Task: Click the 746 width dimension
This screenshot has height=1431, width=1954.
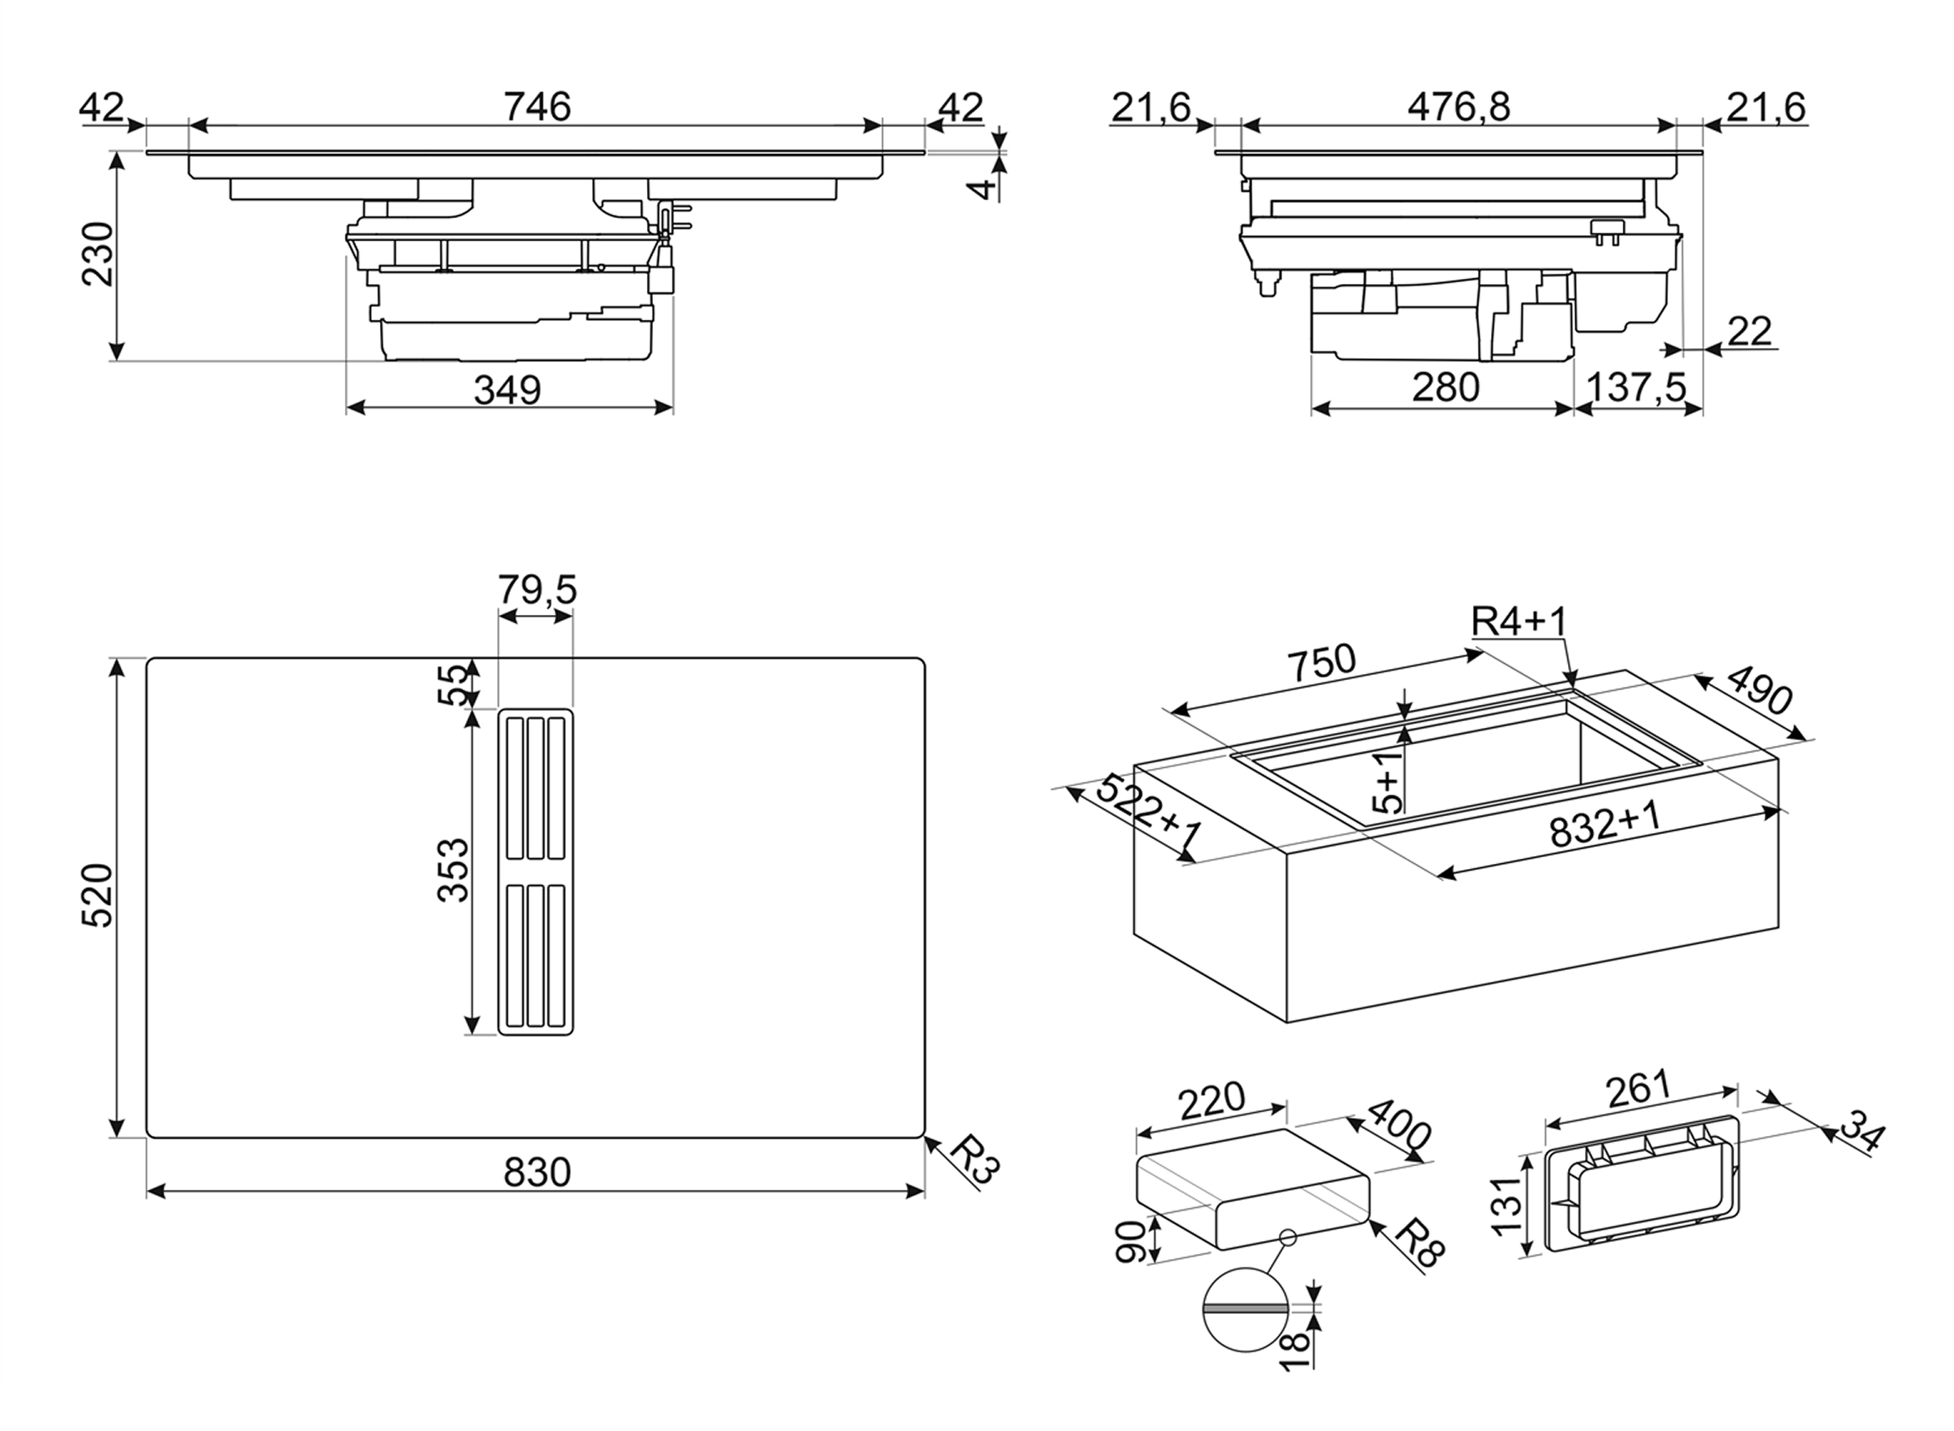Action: [537, 108]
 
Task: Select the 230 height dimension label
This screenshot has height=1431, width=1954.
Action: [98, 254]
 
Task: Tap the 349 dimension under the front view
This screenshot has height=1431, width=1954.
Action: [507, 391]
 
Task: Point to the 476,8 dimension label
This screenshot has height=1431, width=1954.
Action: [1458, 108]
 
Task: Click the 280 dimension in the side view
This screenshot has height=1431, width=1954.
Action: [1446, 387]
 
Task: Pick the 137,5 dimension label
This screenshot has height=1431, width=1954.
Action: [1636, 387]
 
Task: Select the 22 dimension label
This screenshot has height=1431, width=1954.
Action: [1749, 332]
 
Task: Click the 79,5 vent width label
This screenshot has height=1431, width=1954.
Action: [537, 590]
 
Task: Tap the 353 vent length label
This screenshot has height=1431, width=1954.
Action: [453, 871]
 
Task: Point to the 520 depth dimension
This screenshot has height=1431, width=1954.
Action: [98, 896]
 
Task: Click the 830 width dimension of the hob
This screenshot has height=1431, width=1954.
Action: [537, 1173]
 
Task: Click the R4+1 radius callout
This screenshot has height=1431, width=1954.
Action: [1519, 622]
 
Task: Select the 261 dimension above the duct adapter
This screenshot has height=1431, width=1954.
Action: [1636, 1090]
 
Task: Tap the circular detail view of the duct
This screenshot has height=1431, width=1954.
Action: [1245, 1310]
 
